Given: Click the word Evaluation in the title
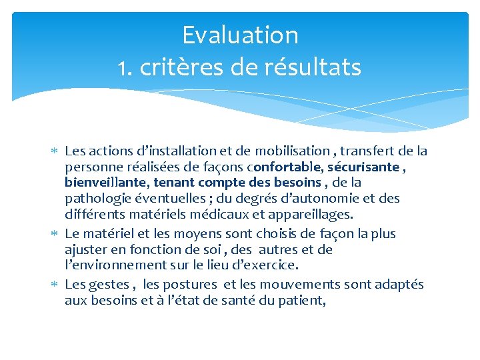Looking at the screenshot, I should tap(240, 35).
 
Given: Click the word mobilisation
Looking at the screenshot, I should tap(294, 151).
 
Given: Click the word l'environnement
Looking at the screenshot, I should tap(118, 265).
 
